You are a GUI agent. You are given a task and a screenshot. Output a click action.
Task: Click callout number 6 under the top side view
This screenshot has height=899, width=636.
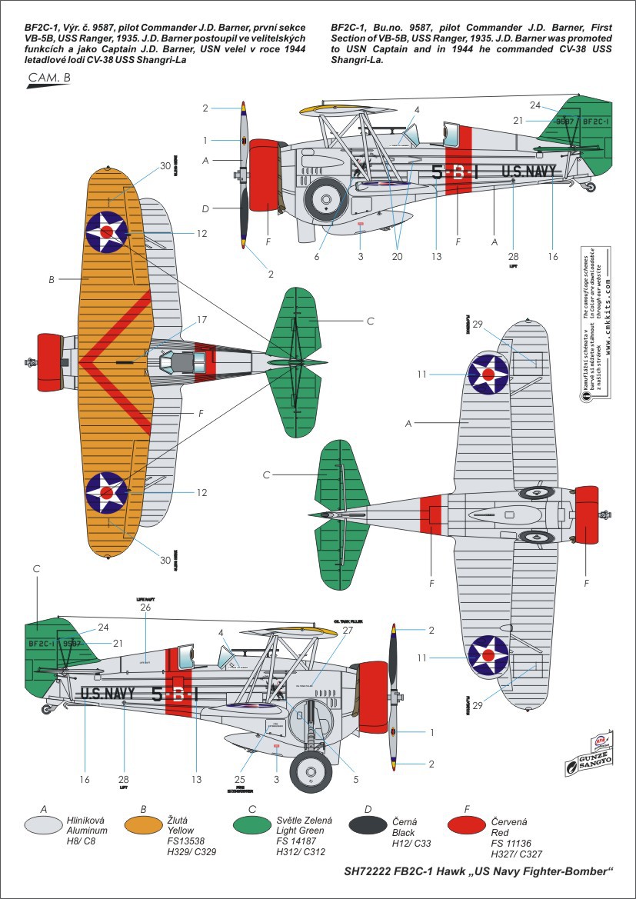tap(315, 256)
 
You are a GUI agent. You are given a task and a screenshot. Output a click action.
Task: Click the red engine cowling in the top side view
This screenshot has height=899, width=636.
tap(264, 175)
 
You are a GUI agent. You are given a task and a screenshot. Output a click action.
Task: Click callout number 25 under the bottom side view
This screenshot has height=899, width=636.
tap(244, 778)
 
